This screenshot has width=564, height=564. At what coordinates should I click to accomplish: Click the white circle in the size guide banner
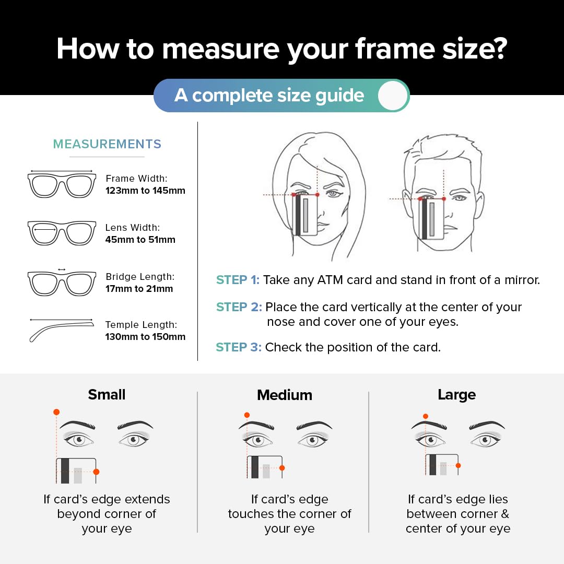(x=392, y=96)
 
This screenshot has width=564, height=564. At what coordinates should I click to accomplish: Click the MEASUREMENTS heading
(x=107, y=144)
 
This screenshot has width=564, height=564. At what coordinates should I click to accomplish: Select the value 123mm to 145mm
(x=145, y=191)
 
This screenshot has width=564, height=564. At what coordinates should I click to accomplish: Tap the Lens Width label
(x=133, y=228)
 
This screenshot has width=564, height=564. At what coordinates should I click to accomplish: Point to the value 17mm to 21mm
(x=139, y=289)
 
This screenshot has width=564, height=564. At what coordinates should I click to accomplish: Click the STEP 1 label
(x=238, y=280)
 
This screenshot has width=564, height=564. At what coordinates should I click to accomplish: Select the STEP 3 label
(x=238, y=347)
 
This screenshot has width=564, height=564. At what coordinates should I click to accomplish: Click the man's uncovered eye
(x=459, y=198)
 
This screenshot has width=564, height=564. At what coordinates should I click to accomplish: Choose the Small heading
(x=107, y=395)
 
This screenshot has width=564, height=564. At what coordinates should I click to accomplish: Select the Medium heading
(x=285, y=395)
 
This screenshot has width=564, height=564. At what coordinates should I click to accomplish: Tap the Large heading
(x=456, y=395)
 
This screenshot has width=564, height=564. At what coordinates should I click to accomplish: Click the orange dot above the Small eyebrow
(x=56, y=413)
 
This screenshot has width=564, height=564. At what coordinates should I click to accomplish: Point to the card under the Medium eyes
(x=265, y=467)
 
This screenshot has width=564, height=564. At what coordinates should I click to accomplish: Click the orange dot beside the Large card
(x=458, y=465)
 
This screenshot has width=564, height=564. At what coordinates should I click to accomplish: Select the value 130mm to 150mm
(x=145, y=337)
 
